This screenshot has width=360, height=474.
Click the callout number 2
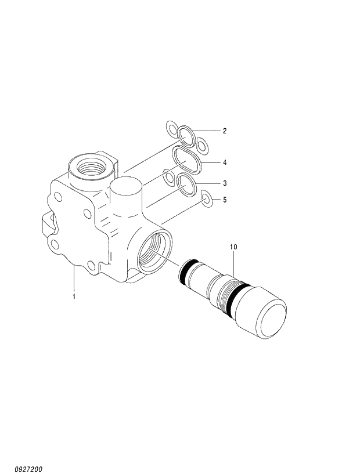coord(224,131)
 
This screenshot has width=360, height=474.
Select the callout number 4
coord(224,162)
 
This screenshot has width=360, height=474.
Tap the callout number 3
coord(224,183)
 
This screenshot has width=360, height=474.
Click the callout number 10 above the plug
coord(233,247)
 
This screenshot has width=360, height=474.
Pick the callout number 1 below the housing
coord(74,297)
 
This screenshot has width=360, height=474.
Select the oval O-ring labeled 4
coord(186,158)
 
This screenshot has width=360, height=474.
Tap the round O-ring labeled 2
coord(186,135)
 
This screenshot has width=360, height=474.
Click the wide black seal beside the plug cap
coord(237,298)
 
